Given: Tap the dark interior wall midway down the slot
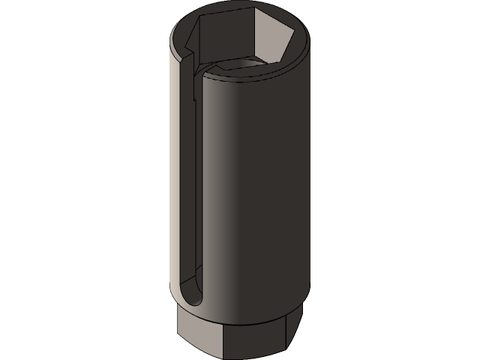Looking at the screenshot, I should [x=196, y=187].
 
